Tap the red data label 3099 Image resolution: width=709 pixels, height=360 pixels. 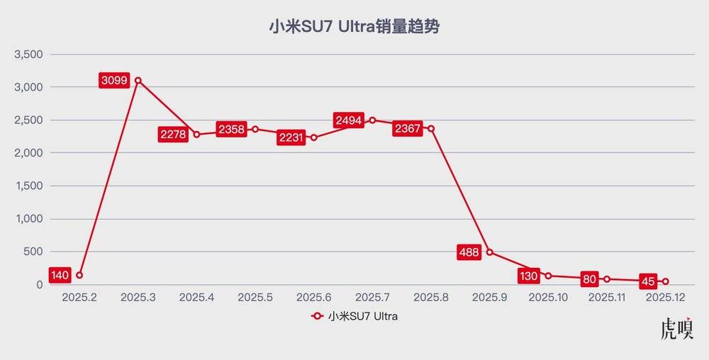pyautogui.click(x=114, y=80)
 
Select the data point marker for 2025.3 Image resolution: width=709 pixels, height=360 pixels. pyautogui.click(x=138, y=80)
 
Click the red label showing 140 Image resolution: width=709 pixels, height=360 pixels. pyautogui.click(x=60, y=275)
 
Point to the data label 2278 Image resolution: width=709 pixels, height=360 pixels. pyautogui.click(x=173, y=135)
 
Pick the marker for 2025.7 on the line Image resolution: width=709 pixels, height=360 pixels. pyautogui.click(x=372, y=120)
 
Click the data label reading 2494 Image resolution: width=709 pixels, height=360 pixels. pyautogui.click(x=349, y=120)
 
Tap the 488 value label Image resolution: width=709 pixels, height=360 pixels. pyautogui.click(x=469, y=252)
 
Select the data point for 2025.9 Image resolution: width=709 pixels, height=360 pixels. pyautogui.click(x=490, y=252)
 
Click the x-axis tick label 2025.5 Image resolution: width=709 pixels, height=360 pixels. pyautogui.click(x=255, y=298)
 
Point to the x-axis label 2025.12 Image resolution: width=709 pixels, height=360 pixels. pyautogui.click(x=666, y=298)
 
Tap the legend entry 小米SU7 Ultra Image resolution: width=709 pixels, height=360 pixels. pyautogui.click(x=354, y=317)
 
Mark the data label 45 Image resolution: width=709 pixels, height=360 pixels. pyautogui.click(x=647, y=281)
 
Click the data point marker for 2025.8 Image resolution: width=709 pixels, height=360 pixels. pyautogui.click(x=431, y=128)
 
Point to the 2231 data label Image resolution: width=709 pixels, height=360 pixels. pyautogui.click(x=291, y=137)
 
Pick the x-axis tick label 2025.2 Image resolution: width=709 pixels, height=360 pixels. pyautogui.click(x=79, y=298)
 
